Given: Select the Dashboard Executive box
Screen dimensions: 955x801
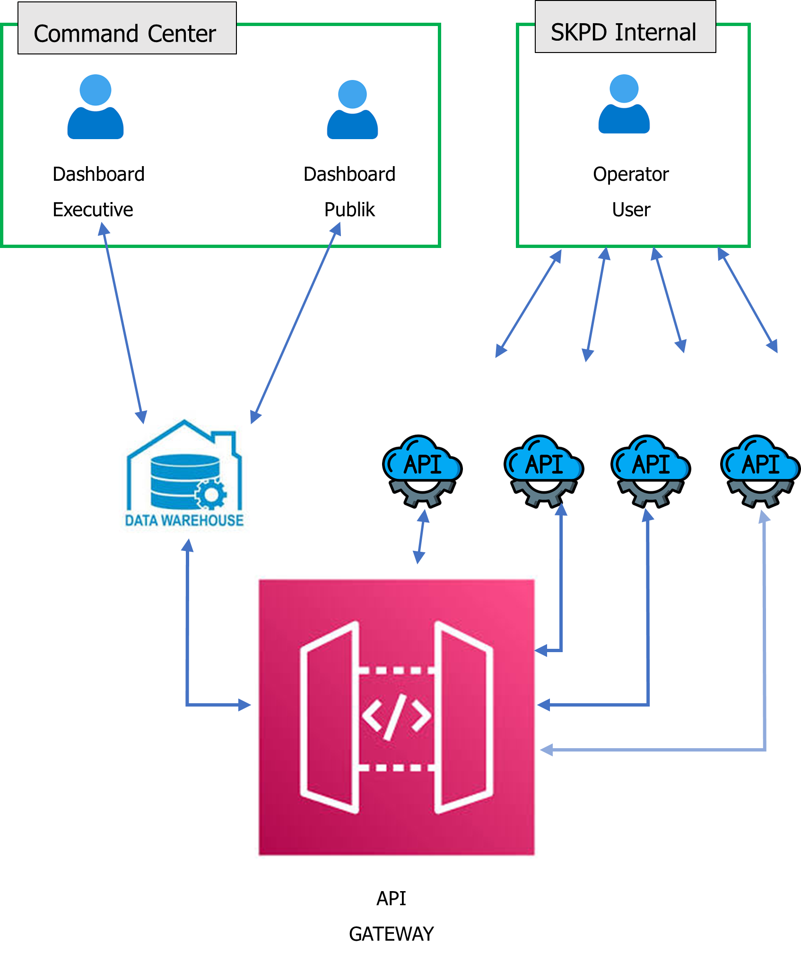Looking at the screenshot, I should point(101,188).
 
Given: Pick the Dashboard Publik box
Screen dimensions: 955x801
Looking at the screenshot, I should point(349,188).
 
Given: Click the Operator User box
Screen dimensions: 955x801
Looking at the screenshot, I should point(631,188).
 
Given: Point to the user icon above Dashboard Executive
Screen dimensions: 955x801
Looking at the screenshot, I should point(96,106).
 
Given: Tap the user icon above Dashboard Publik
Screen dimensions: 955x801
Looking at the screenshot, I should point(352,109).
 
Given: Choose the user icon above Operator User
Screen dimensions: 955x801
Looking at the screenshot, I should point(624,104).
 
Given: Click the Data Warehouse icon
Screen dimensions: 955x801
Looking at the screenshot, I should point(184,480).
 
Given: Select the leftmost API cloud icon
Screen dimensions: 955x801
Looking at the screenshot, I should point(422,471).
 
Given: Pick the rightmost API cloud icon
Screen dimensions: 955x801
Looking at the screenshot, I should point(760,471).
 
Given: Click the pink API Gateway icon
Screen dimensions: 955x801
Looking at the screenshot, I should point(396,717).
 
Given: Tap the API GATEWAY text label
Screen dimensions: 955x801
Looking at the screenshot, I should point(391,916).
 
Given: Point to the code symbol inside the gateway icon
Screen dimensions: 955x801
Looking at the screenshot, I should point(396,717).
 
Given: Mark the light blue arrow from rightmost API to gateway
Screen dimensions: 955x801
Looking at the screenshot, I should point(765,663).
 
